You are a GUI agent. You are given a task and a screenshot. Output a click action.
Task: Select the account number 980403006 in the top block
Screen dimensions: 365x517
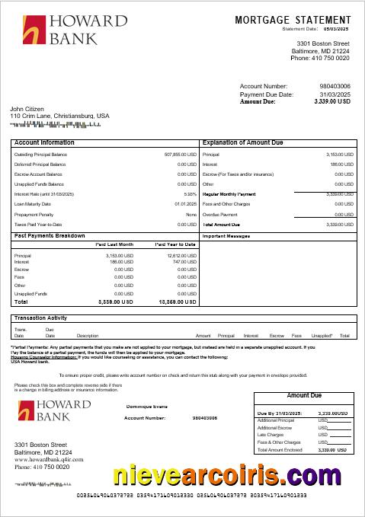pos(335,87)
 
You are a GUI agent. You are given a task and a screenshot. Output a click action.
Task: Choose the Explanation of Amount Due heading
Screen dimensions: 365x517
pos(242,142)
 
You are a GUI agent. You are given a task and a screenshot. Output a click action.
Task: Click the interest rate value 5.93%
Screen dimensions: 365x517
pos(189,194)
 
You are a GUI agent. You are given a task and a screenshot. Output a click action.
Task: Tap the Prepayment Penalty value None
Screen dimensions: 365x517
pos(191,214)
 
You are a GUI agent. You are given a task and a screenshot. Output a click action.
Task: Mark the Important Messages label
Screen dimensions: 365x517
pos(226,236)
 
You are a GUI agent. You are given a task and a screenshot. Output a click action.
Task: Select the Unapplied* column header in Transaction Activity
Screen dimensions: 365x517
pos(322,335)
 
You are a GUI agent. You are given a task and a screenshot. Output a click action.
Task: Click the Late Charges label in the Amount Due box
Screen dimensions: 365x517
pos(271,435)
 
